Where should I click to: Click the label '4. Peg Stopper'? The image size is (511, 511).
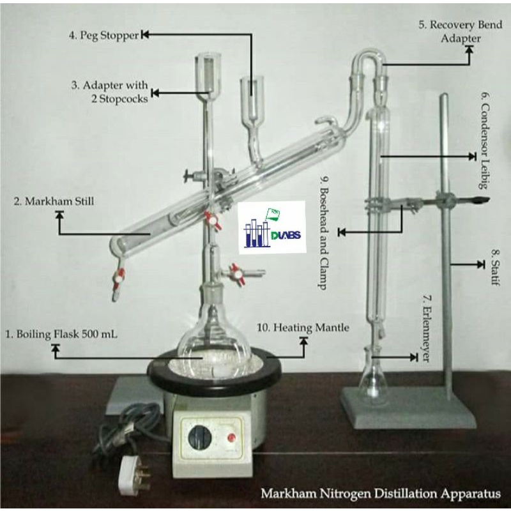(x=104, y=35)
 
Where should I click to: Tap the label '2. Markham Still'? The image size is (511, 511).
(x=54, y=201)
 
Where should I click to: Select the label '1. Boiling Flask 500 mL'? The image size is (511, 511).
(x=61, y=334)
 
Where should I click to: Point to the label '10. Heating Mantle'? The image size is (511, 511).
(x=303, y=327)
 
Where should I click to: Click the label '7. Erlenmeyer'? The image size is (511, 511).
(x=427, y=328)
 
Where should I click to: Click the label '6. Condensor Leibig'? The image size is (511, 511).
(x=485, y=141)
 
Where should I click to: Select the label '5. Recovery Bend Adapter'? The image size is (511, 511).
(x=460, y=31)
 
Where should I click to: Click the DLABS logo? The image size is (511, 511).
(x=272, y=227)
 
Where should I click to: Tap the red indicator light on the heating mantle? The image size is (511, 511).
(x=231, y=437)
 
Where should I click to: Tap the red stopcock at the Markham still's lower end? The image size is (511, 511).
(x=118, y=279)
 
